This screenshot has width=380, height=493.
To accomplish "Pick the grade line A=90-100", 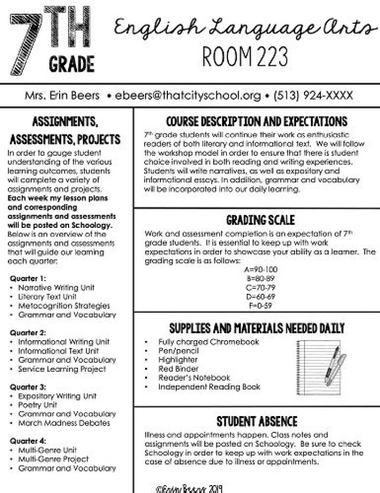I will coord(258,270).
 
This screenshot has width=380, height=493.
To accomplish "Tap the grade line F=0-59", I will coord(258,305).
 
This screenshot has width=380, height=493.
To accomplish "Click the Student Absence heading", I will coord(256,422).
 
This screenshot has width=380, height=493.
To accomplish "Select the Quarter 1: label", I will coord(28,278).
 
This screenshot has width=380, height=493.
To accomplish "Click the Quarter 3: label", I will coord(28,386).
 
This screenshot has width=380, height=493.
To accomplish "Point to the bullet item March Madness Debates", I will coord(64,423).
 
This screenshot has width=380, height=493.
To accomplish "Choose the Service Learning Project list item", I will coord(62,369).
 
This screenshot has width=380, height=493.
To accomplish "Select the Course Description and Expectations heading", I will coord(256,122).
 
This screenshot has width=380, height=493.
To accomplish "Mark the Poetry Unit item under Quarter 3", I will coord(37,405).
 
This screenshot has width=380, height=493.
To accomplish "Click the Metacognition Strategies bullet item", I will coord(64,306).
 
